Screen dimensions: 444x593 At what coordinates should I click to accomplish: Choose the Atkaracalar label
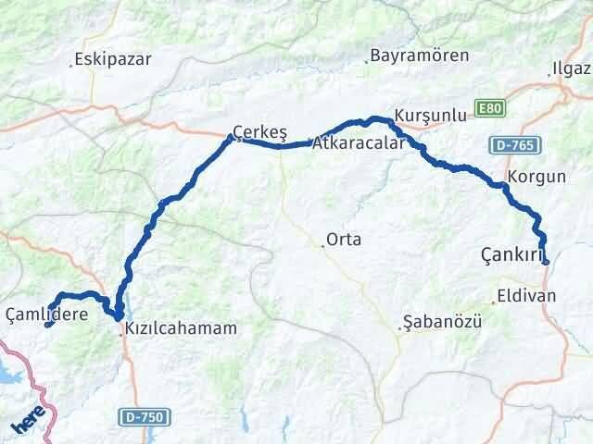[358, 143]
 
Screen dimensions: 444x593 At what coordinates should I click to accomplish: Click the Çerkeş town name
[259, 132]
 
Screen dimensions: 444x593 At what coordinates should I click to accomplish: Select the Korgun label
[536, 175]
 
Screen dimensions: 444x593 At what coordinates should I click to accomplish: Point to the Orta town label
[345, 240]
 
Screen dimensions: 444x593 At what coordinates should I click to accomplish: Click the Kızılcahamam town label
[182, 327]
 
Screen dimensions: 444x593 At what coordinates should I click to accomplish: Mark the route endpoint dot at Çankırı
[546, 262]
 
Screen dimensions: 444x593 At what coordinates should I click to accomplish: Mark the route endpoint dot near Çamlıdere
[48, 324]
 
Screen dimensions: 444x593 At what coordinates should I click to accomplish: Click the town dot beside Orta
[323, 245]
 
